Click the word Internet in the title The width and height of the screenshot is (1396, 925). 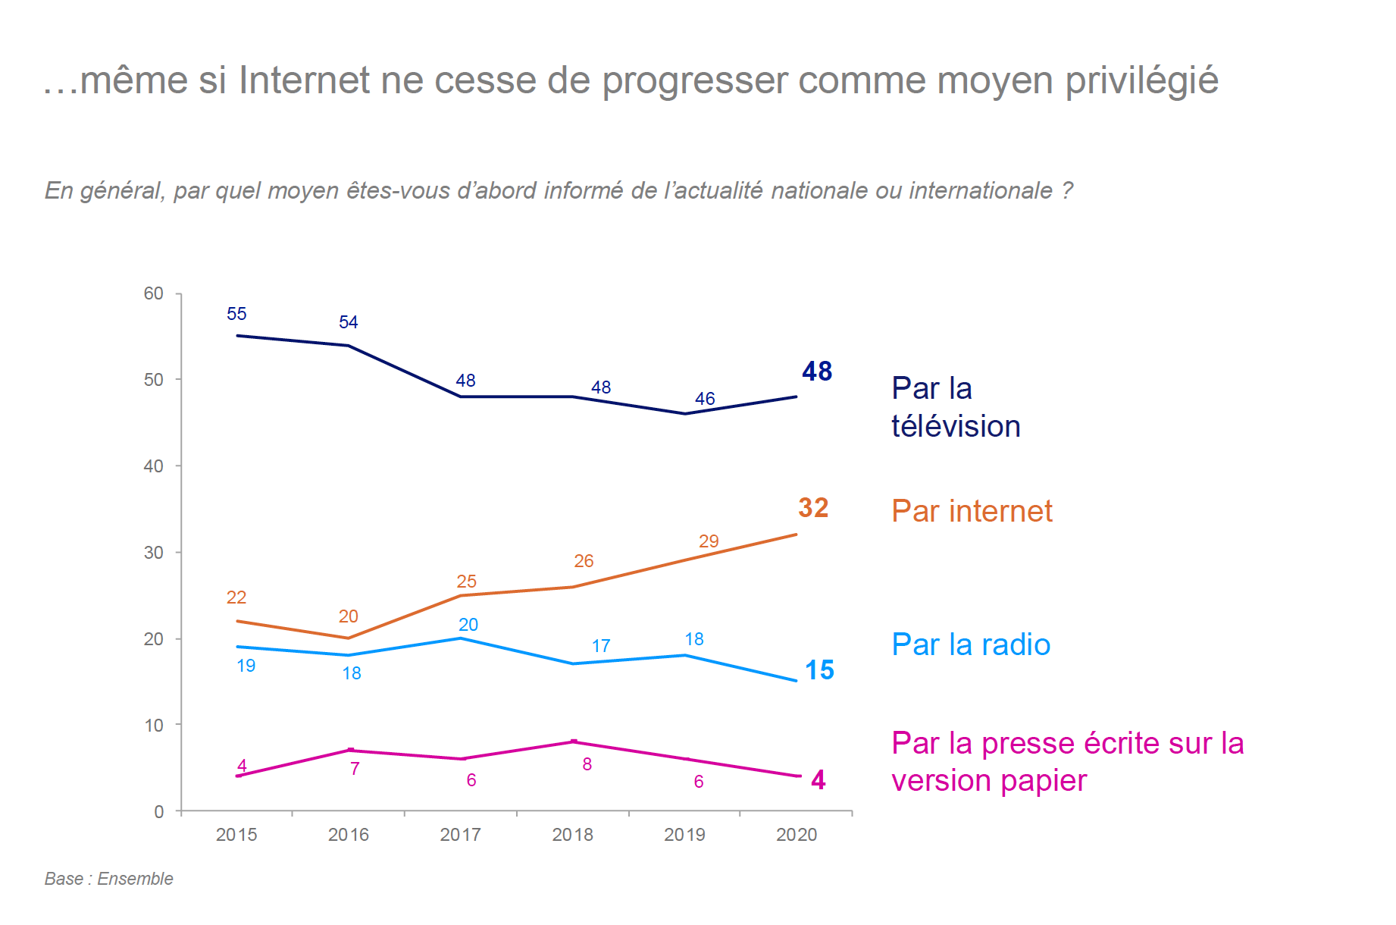coord(305,80)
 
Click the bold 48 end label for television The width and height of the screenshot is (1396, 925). coord(817,372)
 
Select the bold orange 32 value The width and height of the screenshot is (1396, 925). coord(813,508)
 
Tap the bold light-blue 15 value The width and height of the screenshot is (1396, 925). coord(819,670)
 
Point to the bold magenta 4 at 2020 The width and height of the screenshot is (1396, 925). coord(819,780)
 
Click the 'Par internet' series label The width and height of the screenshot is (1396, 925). coord(972,512)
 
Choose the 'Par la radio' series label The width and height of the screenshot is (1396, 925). coord(971,645)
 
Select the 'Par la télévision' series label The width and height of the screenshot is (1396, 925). coord(956,407)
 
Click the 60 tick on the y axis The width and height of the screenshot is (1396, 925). coord(154,293)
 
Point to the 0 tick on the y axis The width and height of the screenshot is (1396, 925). coord(159,812)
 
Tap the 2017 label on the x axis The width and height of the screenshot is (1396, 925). coord(460,835)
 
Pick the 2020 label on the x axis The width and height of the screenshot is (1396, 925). coord(797,835)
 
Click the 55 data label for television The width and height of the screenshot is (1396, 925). coord(236,314)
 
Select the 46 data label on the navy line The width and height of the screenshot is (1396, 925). coord(705,399)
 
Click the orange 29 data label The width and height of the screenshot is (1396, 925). coord(709,541)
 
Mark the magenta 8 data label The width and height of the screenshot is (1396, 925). coord(587,765)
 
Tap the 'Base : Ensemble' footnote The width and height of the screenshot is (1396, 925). coord(109,879)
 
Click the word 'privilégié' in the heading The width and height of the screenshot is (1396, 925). coord(1141,80)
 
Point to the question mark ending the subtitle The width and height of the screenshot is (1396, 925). coord(1067,190)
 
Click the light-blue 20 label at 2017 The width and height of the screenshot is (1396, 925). coord(468,625)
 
